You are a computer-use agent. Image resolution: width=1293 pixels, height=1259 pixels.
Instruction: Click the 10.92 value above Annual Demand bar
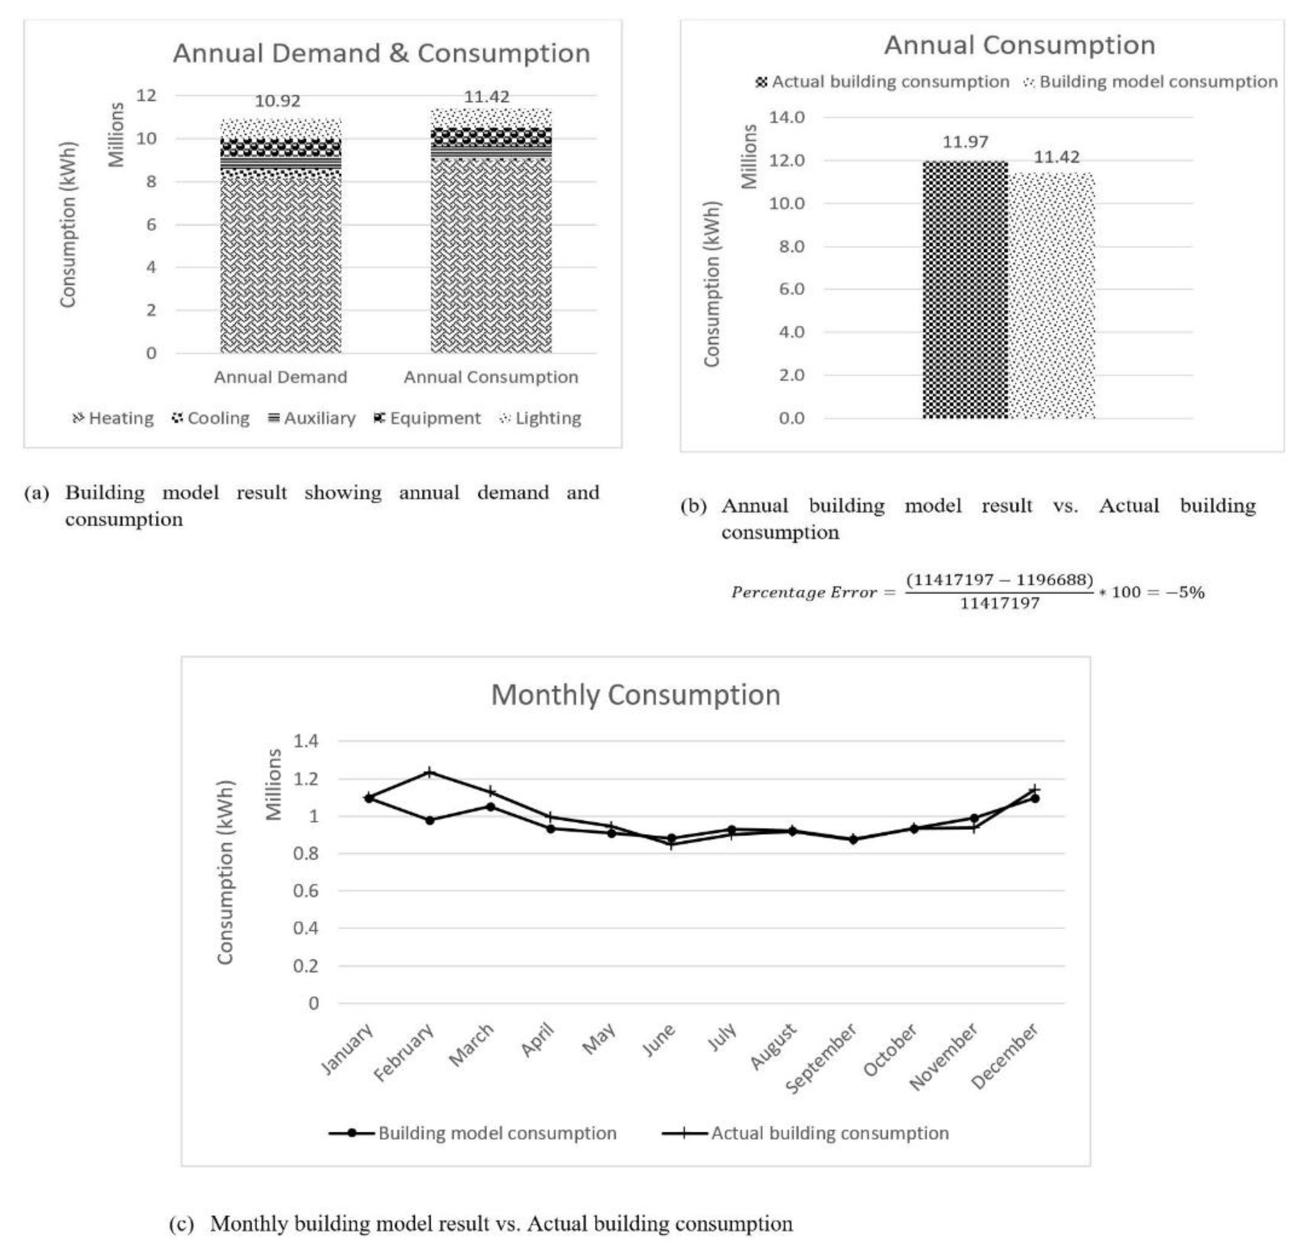277,101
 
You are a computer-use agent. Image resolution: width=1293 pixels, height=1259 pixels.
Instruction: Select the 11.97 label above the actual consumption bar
965,142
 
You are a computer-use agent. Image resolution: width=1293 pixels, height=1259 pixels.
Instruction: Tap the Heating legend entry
113,419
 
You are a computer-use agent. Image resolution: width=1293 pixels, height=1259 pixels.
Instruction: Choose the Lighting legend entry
540,419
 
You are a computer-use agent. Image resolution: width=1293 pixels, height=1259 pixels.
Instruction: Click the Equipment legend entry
427,419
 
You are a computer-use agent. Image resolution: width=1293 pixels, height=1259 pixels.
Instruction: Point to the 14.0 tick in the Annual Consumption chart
786,118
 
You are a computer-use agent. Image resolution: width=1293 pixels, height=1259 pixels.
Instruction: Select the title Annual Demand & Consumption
381,53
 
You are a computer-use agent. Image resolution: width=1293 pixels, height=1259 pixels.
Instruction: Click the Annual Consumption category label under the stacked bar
491,378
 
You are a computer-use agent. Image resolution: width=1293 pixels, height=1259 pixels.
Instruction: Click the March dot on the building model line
491,807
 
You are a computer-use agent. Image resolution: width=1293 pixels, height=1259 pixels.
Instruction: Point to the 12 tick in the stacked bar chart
147,96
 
